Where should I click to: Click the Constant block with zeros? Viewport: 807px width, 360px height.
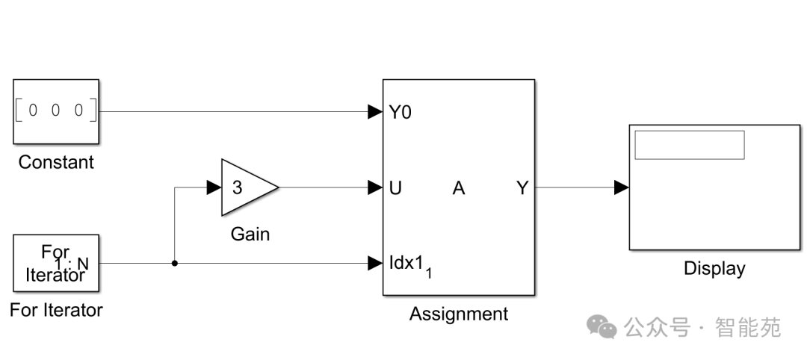(56, 111)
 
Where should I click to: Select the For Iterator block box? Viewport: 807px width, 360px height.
(56, 263)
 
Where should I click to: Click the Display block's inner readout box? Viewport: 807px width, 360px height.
(689, 145)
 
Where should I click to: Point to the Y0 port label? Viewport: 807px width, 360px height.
(400, 112)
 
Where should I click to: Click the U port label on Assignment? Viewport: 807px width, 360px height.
(395, 188)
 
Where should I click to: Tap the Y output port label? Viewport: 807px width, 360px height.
(522, 188)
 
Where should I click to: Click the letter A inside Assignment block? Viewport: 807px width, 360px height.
(458, 188)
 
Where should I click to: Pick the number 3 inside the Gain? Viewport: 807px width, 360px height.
(237, 187)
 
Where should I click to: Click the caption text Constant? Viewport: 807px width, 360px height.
(56, 162)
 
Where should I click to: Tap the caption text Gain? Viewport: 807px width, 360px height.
(250, 235)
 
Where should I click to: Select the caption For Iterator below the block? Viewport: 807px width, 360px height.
(56, 310)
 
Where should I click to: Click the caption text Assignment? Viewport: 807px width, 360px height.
(458, 314)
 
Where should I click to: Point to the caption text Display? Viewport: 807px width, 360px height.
(714, 268)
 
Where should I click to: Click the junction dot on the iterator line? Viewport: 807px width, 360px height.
(174, 263)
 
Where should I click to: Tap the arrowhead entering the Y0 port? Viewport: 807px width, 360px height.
(375, 112)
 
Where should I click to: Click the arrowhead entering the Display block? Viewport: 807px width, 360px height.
(621, 187)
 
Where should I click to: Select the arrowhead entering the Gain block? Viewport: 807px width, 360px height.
(214, 187)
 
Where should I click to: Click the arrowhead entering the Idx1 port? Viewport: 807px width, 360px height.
(375, 263)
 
